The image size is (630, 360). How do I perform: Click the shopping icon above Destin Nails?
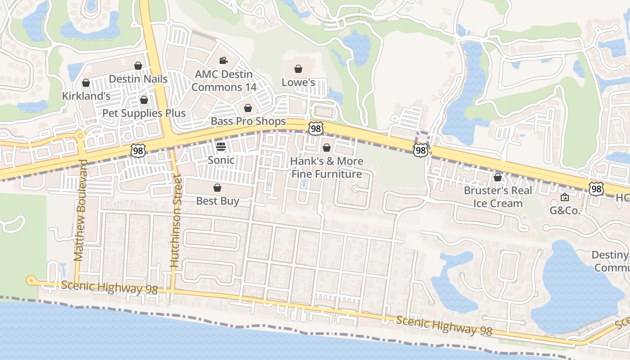[x=138, y=66]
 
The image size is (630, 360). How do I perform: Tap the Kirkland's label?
[x=86, y=96]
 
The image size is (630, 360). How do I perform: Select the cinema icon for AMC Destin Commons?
[x=223, y=60]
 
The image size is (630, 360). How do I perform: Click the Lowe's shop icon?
[x=298, y=69]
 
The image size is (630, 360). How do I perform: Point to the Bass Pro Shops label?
[x=248, y=121]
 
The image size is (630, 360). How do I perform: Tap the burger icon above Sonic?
[x=220, y=146]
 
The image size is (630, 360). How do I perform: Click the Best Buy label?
[x=217, y=201]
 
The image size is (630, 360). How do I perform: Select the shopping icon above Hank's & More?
[x=327, y=148]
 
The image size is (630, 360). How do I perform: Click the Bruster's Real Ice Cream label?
[x=498, y=197]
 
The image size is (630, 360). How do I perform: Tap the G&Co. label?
[x=565, y=210]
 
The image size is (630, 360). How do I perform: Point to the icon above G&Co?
[x=565, y=197]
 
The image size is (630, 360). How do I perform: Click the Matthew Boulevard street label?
[x=79, y=210]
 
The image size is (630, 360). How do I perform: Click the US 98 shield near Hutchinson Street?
[x=138, y=150]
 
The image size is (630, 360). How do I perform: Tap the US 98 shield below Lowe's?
[x=316, y=129]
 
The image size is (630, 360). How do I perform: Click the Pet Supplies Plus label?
[x=144, y=113]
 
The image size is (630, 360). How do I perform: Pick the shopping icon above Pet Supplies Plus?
[x=144, y=100]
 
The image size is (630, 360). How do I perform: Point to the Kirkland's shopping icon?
[x=86, y=83]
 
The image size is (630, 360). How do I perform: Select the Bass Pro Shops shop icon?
[x=247, y=108]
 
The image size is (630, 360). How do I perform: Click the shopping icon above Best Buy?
[x=217, y=188]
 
